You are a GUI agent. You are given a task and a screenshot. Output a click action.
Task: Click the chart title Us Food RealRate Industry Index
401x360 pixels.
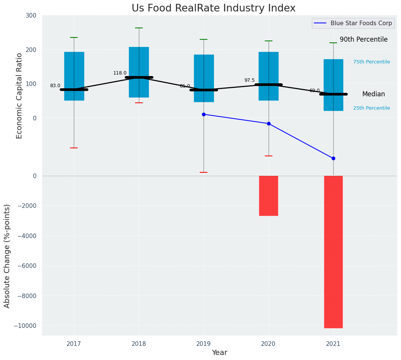[x=214, y=8]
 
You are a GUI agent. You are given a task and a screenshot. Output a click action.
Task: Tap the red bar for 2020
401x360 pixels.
[x=268, y=196]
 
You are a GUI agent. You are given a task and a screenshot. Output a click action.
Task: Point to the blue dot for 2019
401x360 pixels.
[x=204, y=114]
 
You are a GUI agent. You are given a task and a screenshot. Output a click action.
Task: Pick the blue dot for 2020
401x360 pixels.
[x=269, y=123]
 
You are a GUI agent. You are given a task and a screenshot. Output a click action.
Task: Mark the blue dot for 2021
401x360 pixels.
[x=333, y=158]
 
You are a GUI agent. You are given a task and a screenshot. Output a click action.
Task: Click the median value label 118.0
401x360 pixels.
[x=120, y=73]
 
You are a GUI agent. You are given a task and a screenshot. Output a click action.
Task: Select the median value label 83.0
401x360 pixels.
[x=55, y=86]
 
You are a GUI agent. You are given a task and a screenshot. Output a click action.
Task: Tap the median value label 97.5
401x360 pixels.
[x=249, y=80]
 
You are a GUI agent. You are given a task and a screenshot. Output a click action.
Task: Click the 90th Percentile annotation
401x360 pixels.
[x=364, y=39]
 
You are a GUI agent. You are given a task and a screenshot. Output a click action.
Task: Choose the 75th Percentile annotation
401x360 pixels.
[x=372, y=62]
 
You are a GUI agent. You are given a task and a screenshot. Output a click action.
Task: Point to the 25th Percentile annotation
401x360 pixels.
[x=372, y=108]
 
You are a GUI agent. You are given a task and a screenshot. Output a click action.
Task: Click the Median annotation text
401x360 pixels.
[x=373, y=94]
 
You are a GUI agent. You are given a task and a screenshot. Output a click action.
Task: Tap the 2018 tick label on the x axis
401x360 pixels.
[x=139, y=344]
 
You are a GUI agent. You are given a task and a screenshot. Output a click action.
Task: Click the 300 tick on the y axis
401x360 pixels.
[x=31, y=15]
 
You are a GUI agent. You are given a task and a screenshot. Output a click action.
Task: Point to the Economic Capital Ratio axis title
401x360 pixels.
[x=20, y=96]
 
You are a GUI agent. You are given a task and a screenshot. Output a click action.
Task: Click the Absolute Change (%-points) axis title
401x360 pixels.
[x=7, y=256]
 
